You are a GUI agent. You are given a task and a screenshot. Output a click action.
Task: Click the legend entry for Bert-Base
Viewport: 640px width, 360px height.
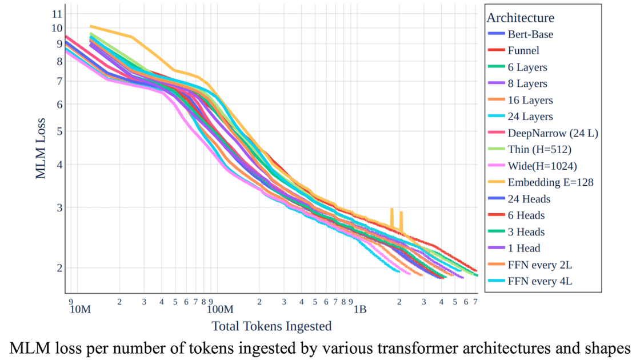(530, 34)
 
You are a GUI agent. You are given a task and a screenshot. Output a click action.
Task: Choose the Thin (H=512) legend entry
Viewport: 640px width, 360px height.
(539, 150)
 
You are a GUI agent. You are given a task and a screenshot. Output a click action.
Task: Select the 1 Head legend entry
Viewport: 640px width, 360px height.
(523, 248)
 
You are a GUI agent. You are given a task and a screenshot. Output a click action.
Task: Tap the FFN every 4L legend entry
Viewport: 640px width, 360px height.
(539, 281)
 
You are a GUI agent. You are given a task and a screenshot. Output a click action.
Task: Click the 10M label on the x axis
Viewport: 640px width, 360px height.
(79, 310)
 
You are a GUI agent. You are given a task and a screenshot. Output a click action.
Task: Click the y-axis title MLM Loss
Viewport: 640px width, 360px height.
(41, 146)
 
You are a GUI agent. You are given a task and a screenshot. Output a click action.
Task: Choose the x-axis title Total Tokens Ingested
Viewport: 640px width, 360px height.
(271, 326)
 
